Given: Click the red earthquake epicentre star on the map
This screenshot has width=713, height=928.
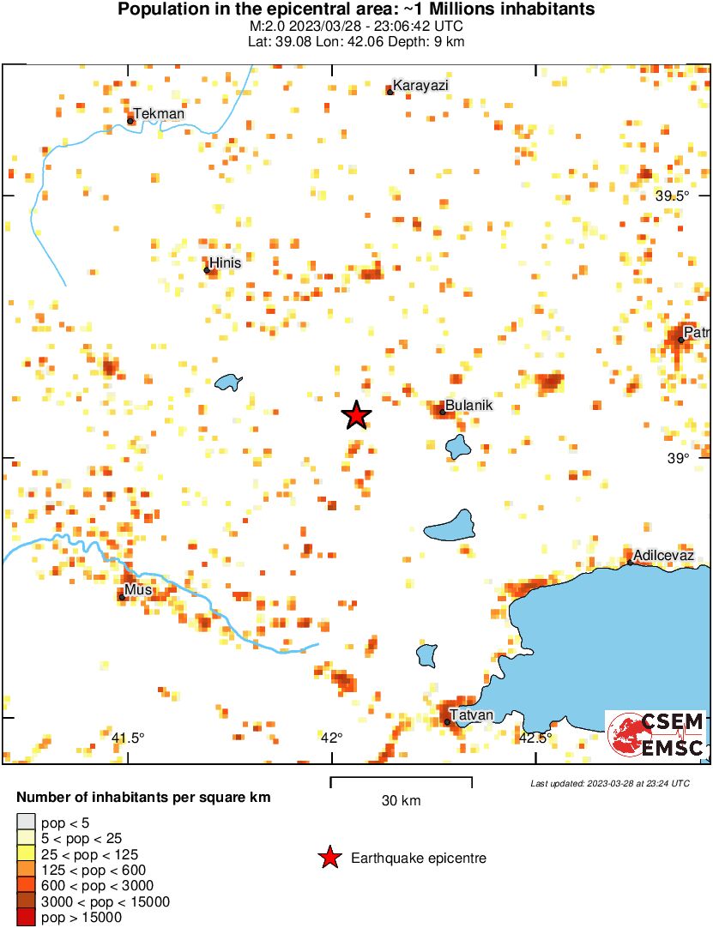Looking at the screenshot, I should pyautogui.click(x=356, y=415).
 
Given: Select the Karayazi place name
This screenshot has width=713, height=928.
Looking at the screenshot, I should pyautogui.click(x=420, y=85).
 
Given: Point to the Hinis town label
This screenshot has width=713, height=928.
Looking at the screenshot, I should pyautogui.click(x=226, y=262).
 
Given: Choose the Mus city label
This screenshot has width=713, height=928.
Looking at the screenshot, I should pyautogui.click(x=137, y=590).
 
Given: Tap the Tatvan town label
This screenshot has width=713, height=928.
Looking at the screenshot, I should pyautogui.click(x=472, y=715).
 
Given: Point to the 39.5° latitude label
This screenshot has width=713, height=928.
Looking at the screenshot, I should pyautogui.click(x=673, y=196).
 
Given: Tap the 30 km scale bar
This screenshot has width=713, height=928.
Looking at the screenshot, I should pyautogui.click(x=402, y=781).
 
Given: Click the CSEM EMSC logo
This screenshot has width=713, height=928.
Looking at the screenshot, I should pyautogui.click(x=656, y=734).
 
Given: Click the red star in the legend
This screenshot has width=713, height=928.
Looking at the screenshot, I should pyautogui.click(x=329, y=858).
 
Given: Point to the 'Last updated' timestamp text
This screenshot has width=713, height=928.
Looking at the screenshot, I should pyautogui.click(x=609, y=783).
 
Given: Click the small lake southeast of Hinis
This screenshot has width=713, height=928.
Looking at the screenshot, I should pyautogui.click(x=228, y=382).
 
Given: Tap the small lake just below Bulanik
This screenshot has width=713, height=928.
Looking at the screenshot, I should pyautogui.click(x=458, y=446).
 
